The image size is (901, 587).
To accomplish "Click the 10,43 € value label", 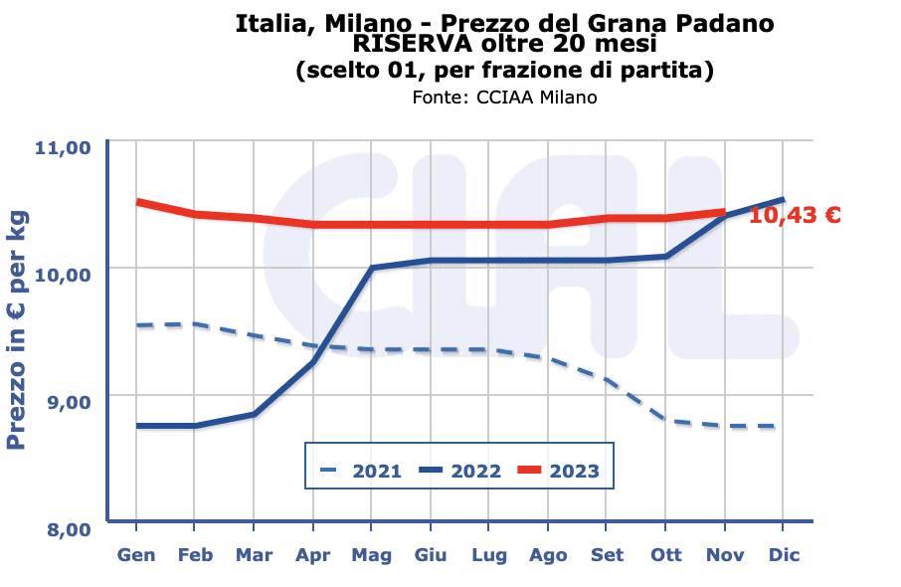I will (796, 215).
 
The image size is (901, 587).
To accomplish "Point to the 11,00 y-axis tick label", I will (63, 148).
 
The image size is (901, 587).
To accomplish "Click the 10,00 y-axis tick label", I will (63, 274).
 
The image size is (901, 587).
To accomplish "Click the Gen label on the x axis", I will (136, 555).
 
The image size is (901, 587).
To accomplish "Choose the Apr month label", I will (313, 555).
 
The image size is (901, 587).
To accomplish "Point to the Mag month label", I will (371, 555).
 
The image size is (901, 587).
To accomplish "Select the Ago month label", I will (548, 555).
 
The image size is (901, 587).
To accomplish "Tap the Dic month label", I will (783, 555).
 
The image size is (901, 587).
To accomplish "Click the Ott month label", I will (665, 555).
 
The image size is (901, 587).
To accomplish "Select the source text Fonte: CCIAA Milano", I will (504, 98).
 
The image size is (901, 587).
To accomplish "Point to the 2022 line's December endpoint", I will (784, 200).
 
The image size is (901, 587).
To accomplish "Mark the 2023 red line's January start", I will (137, 202).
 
